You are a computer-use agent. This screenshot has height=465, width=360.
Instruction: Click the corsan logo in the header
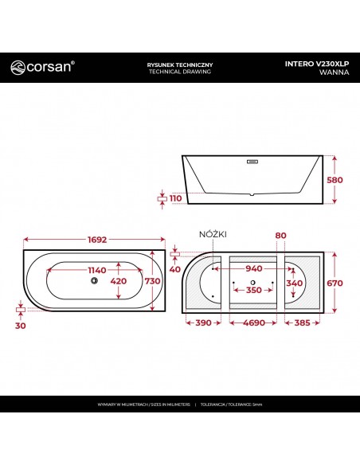coord(44,68)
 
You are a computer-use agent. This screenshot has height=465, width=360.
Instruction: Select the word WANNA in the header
coord(332,72)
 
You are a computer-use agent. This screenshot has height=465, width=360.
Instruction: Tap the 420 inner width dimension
coord(118,281)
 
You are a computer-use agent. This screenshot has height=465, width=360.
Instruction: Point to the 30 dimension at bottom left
coord(21,325)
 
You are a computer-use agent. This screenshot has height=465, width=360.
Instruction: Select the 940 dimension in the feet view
coord(252,268)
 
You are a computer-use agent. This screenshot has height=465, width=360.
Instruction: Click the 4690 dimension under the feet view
coord(252,325)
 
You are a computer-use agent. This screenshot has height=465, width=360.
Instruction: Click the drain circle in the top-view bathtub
coord(93,280)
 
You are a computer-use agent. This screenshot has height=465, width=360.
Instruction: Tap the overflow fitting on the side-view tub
coord(253,160)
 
